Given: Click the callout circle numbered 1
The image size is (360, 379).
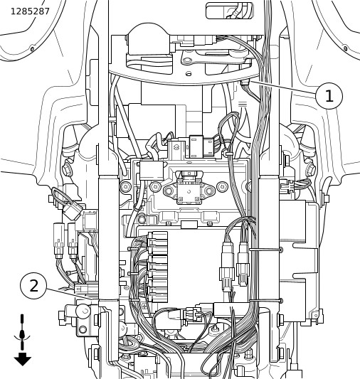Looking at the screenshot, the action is (x=329, y=96).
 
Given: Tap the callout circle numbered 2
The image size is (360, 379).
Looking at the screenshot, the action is (x=33, y=286).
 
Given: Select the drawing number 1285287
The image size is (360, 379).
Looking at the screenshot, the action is (x=30, y=11).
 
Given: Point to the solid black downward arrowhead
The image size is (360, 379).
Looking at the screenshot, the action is (x=23, y=359).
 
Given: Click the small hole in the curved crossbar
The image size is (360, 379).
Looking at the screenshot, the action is (x=189, y=73).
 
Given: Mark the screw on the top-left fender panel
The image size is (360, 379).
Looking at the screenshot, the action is (x=32, y=49).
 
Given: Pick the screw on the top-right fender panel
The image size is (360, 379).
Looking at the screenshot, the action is (x=346, y=48).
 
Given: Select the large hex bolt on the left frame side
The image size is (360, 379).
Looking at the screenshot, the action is (x=67, y=169).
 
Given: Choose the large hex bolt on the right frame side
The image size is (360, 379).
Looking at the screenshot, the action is (x=311, y=169).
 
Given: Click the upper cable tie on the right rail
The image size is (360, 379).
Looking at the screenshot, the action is (x=266, y=249).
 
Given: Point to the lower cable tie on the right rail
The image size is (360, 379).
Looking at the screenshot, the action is (x=266, y=301).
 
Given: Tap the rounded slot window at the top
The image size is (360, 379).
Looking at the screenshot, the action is (x=229, y=11).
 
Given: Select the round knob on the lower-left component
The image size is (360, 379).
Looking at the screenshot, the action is (x=83, y=311).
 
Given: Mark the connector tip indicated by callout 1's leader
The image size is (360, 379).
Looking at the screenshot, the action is (x=245, y=83).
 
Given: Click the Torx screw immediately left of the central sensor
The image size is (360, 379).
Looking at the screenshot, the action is (x=155, y=186).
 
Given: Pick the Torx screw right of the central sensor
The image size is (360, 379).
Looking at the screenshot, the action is (x=221, y=186).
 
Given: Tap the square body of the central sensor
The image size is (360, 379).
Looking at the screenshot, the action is (x=189, y=192).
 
